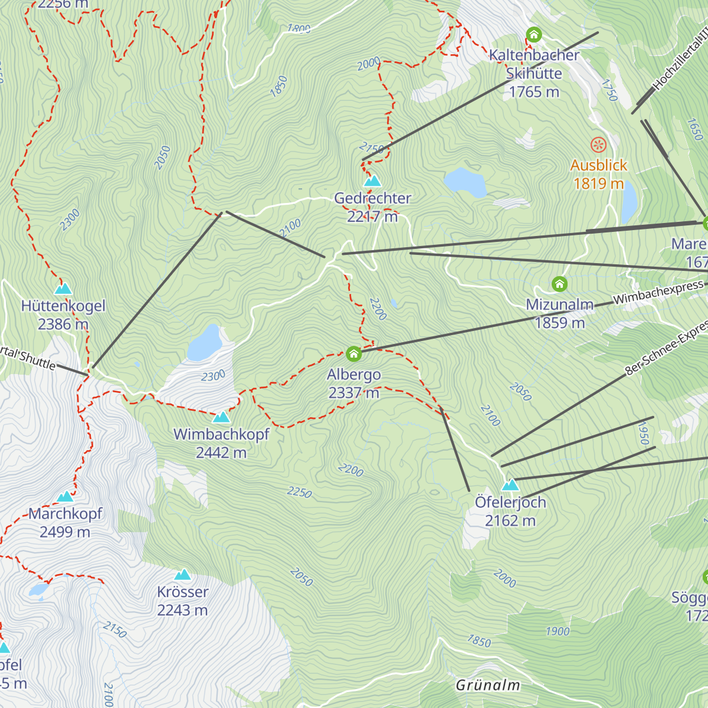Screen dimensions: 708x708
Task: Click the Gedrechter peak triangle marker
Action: pyautogui.click(x=372, y=181)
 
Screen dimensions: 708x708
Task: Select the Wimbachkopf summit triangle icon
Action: pyautogui.click(x=221, y=417)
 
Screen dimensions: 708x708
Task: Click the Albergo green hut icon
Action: pyautogui.click(x=353, y=353)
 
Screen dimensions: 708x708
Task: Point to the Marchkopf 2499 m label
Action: pyautogui.click(x=65, y=523)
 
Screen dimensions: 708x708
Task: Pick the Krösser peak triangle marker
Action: pyautogui.click(x=183, y=575)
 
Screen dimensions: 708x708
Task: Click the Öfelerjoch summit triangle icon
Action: pyautogui.click(x=510, y=485)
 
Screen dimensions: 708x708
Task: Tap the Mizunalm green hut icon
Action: pyautogui.click(x=559, y=284)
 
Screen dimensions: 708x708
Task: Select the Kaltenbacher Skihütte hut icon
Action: pyautogui.click(x=534, y=34)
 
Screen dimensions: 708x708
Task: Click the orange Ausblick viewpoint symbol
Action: pyautogui.click(x=598, y=145)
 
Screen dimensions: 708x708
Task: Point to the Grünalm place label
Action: pyautogui.click(x=488, y=685)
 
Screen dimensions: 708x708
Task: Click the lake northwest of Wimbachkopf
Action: pyautogui.click(x=204, y=343)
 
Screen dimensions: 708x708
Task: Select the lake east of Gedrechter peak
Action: pyautogui.click(x=465, y=182)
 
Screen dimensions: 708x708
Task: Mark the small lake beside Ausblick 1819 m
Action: pyautogui.click(x=629, y=199)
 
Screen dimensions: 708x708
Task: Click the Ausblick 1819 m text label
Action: pyautogui.click(x=598, y=175)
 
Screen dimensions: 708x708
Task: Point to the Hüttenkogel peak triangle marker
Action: pyautogui.click(x=63, y=289)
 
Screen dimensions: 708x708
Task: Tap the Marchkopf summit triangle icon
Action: pyautogui.click(x=65, y=496)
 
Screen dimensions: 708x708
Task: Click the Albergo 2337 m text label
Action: pyautogui.click(x=353, y=383)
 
